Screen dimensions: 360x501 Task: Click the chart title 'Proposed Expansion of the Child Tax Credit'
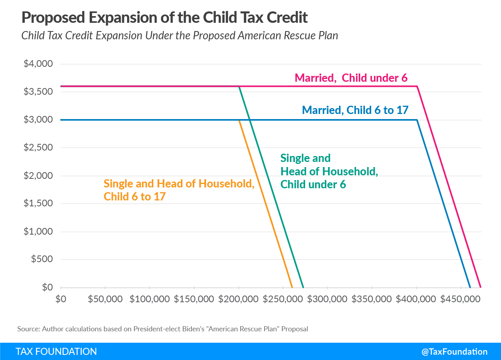[164, 17]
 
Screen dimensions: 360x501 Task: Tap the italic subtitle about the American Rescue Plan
[180, 35]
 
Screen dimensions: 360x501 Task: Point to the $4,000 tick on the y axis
[39, 64]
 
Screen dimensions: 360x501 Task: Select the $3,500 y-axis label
[39, 92]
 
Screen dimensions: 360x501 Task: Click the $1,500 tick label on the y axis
[39, 204]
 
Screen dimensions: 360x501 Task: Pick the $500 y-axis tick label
[42, 259]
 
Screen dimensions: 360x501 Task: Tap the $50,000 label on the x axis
[105, 299]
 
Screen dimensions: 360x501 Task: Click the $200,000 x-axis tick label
[239, 299]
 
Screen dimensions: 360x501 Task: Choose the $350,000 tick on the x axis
[372, 299]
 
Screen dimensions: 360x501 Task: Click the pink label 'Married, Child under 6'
[351, 78]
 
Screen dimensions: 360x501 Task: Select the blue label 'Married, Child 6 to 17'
[355, 110]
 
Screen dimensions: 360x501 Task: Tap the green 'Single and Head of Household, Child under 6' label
[329, 171]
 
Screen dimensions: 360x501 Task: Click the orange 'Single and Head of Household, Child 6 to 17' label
[179, 190]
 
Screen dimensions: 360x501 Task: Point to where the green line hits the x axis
[303, 287]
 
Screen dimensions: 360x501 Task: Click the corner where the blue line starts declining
[417, 120]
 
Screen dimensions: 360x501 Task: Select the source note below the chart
[163, 329]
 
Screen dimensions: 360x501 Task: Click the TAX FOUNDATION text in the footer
[56, 351]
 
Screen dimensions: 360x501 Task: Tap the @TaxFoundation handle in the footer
[454, 352]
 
